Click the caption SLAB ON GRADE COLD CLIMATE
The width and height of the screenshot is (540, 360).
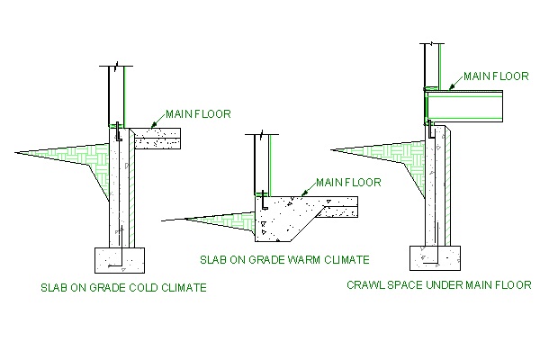click(124, 288)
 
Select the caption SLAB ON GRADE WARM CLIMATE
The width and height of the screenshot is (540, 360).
click(283, 260)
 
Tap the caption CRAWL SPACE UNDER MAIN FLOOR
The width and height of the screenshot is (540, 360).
click(438, 285)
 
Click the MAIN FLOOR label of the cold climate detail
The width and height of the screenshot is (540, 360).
click(198, 114)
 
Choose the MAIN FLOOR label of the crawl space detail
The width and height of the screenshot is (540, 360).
click(496, 76)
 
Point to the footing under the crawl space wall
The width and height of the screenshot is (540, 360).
click(436, 256)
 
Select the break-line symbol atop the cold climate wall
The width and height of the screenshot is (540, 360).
click(115, 67)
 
